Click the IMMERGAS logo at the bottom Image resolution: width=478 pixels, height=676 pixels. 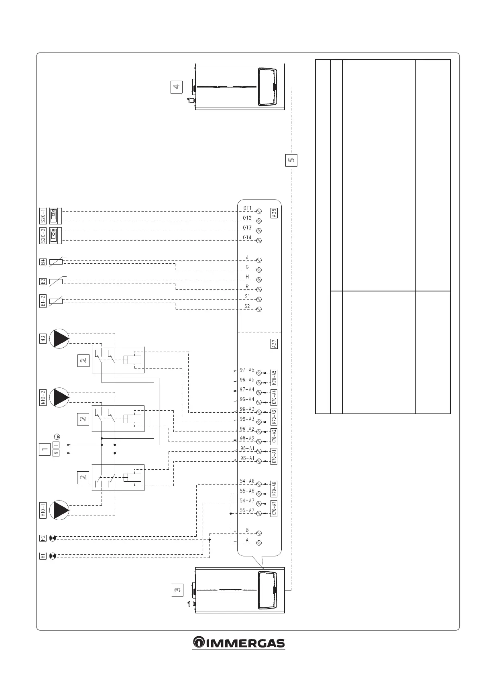pos(239,643)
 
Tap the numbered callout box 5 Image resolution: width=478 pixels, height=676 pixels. pos(292,160)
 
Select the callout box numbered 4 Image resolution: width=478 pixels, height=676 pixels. pos(177,87)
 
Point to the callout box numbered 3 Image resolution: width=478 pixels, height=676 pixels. pos(177,590)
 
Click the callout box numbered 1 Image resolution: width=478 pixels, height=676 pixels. pos(44,449)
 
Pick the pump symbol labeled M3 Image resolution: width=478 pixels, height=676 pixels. pos(59,338)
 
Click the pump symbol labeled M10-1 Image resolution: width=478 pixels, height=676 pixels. pos(59,510)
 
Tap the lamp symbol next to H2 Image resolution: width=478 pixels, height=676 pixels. pos(53,538)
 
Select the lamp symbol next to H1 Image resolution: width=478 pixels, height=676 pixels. pos(53,556)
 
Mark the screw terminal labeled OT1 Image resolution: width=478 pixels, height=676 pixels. pos(259,211)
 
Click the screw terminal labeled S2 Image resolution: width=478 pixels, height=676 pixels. pos(259,309)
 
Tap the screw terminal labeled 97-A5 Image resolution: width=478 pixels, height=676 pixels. pos(259,373)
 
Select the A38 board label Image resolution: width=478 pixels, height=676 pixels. pos(274,213)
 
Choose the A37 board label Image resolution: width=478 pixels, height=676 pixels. pos(274,344)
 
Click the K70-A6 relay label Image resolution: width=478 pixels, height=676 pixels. pos(274,489)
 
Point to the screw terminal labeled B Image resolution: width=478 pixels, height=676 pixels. pos(259,533)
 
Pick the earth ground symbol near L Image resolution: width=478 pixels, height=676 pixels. pos(57,436)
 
